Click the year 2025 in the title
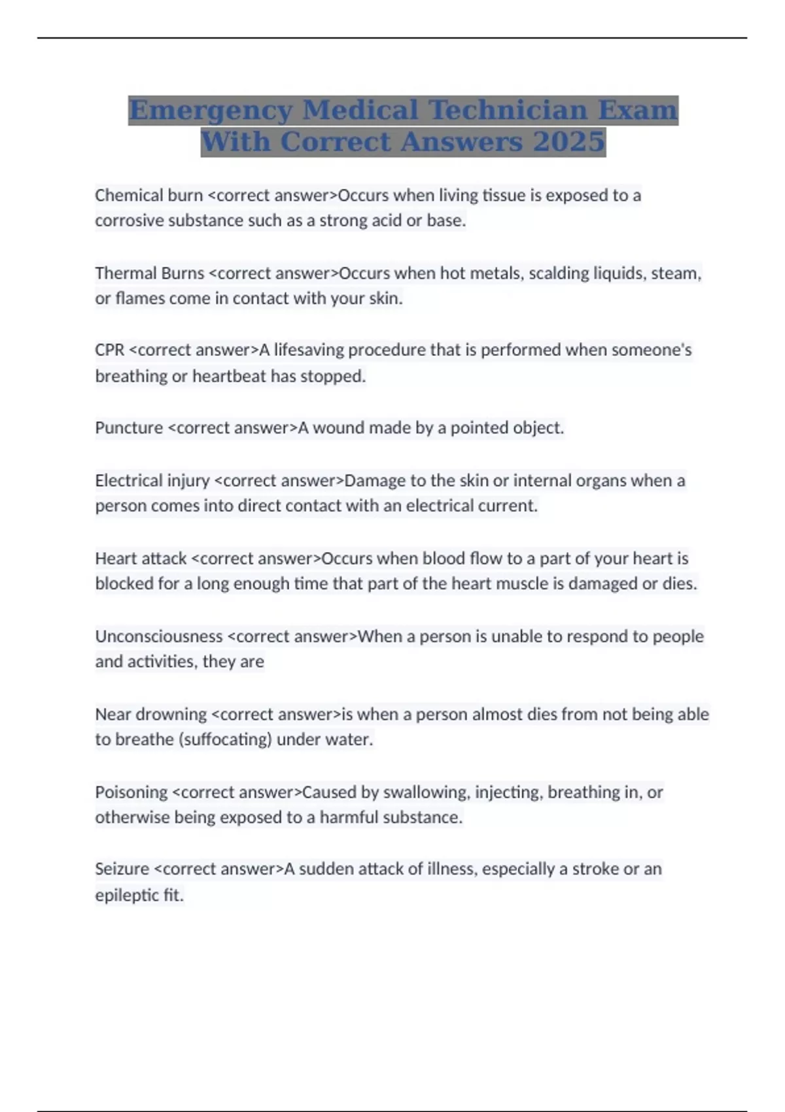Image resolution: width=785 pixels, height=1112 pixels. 568,141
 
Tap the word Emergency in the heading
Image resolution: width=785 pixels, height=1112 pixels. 211,110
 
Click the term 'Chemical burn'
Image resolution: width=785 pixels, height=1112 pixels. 148,195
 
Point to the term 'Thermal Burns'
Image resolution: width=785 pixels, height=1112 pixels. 150,273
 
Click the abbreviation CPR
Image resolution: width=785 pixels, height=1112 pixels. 109,350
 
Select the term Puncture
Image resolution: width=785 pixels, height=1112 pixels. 129,428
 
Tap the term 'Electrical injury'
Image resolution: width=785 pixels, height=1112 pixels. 152,480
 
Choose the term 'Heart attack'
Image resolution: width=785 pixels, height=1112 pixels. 141,558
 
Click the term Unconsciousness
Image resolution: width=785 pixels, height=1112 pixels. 159,636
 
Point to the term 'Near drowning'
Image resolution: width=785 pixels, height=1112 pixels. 151,714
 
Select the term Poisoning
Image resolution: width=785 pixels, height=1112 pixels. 131,791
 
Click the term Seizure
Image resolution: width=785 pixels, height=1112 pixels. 122,869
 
